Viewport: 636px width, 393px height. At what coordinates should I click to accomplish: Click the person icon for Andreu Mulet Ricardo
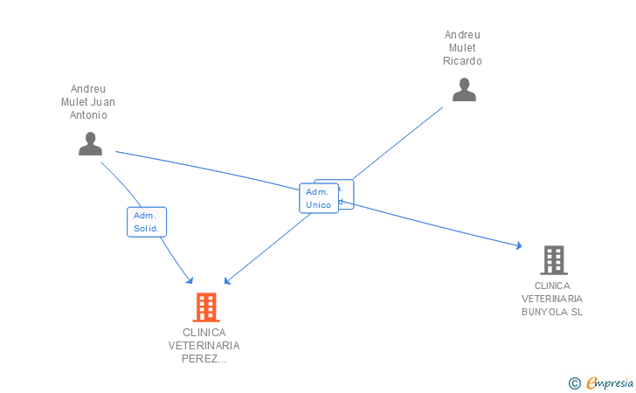pyautogui.click(x=464, y=90)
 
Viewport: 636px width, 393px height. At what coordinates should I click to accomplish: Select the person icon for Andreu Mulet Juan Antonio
pyautogui.click(x=90, y=144)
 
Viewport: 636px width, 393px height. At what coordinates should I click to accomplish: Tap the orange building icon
pyautogui.click(x=205, y=307)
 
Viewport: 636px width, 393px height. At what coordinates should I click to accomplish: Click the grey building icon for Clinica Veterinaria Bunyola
pyautogui.click(x=553, y=260)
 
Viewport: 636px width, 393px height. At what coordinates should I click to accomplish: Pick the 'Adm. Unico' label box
pyautogui.click(x=318, y=198)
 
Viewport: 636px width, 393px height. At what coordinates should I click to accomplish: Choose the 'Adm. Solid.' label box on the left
pyautogui.click(x=146, y=222)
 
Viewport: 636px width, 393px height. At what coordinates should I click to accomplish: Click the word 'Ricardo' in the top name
pyautogui.click(x=462, y=61)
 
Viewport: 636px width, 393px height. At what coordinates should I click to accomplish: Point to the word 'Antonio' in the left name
pyautogui.click(x=88, y=114)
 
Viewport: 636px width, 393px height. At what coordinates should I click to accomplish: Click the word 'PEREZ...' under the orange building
pyautogui.click(x=204, y=358)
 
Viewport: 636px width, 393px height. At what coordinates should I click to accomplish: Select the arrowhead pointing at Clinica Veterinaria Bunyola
pyautogui.click(x=518, y=247)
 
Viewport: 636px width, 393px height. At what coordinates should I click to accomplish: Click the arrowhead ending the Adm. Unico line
pyautogui.click(x=227, y=281)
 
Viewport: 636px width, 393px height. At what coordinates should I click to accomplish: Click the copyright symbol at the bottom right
pyautogui.click(x=574, y=383)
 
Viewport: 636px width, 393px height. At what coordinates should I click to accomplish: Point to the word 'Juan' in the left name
pyautogui.click(x=103, y=101)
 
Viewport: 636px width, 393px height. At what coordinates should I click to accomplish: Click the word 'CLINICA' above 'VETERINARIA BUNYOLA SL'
pyautogui.click(x=552, y=286)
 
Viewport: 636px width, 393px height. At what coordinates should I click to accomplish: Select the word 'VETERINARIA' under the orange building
pyautogui.click(x=204, y=345)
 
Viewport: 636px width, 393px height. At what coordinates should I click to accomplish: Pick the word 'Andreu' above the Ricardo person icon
pyautogui.click(x=462, y=35)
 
